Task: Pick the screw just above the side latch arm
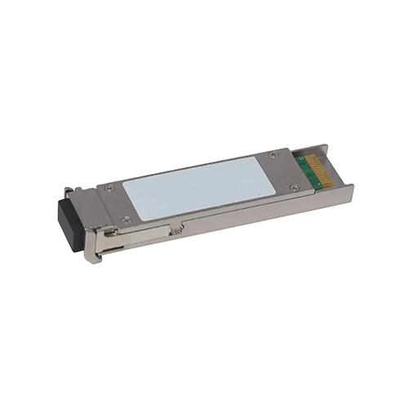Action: click(x=125, y=219)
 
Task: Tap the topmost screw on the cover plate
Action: click(x=273, y=153)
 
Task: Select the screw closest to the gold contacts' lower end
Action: click(x=293, y=187)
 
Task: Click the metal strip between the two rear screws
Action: click(x=282, y=170)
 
